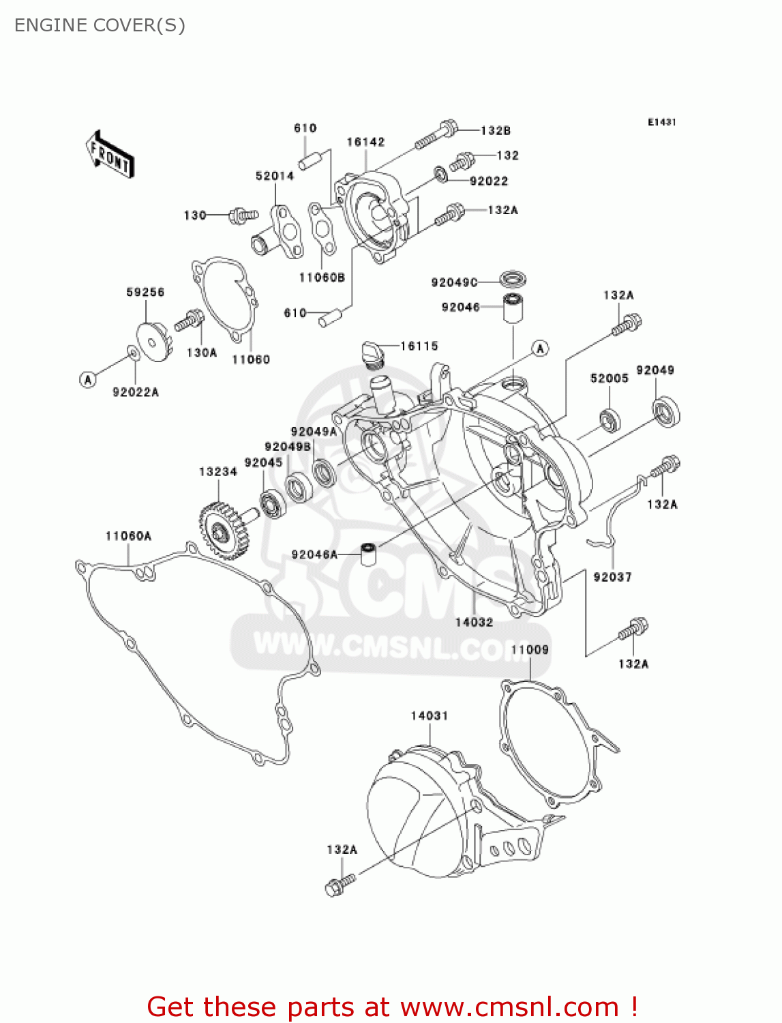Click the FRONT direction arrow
[110, 155]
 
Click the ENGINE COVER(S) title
[100, 25]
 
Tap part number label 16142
[365, 142]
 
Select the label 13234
[218, 471]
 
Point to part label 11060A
[128, 536]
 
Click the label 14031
[430, 715]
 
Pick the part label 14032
[474, 622]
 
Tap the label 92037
[612, 577]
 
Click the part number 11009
[530, 649]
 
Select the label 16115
[419, 346]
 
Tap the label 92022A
[136, 391]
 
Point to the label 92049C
[454, 282]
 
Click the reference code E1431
[661, 122]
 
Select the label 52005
[609, 378]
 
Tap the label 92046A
[314, 554]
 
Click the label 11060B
[322, 277]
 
